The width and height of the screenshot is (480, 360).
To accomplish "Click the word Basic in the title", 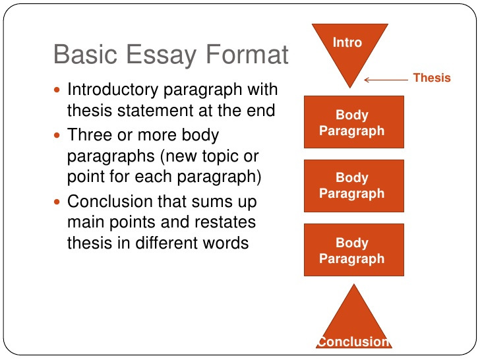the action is (x=86, y=54).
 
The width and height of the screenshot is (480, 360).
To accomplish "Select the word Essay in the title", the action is (x=162, y=56).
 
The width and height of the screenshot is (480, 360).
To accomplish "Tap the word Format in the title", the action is (x=247, y=54).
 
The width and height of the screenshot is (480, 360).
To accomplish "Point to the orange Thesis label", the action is (x=432, y=78).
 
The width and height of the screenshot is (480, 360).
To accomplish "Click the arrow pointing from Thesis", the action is (x=386, y=80).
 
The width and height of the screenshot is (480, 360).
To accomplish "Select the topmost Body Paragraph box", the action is (x=354, y=122).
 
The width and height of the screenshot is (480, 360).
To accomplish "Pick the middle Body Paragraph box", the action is (x=354, y=186).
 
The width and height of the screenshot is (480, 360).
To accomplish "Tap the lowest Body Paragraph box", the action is (x=354, y=250).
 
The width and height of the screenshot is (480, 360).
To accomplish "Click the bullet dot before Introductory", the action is (x=57, y=90).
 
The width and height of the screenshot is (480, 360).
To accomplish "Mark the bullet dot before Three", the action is (x=57, y=135).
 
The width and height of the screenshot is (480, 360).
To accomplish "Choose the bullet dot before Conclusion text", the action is (x=57, y=202).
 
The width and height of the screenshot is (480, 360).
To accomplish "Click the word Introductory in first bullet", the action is (x=113, y=90).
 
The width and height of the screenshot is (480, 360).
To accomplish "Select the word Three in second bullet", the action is (x=90, y=135).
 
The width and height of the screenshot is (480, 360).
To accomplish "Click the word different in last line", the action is (x=167, y=243).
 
